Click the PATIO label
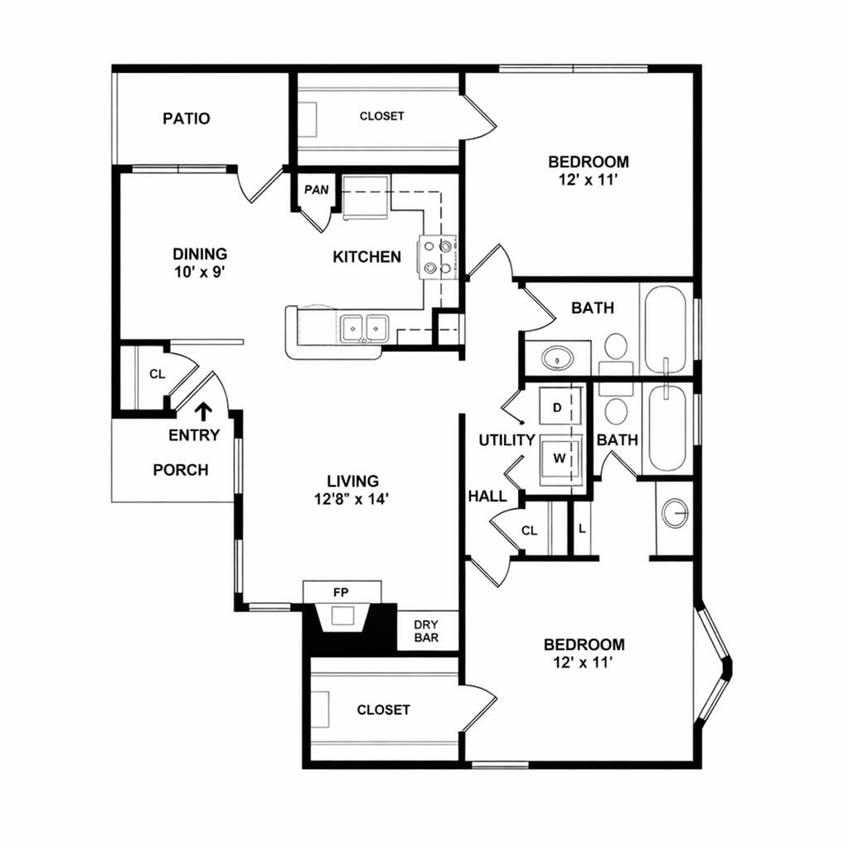pos(187,118)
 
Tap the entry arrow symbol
pos(203,411)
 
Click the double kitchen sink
pos(364,328)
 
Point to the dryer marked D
pos(560,406)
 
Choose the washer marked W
pos(560,458)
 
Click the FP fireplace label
pos(341,592)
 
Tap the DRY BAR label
pos(427,631)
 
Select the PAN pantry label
pos(317,190)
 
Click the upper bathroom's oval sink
pos(557,358)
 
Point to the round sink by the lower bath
pos(675,512)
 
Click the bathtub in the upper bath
pos(667,329)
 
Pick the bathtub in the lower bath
pos(668,428)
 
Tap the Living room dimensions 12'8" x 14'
pos(352,498)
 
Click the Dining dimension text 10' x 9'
pos(200,271)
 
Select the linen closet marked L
pos(582,528)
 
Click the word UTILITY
pos(507,440)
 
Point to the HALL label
pos(488,496)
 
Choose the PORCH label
pos(180,469)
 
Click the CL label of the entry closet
pos(157,374)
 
